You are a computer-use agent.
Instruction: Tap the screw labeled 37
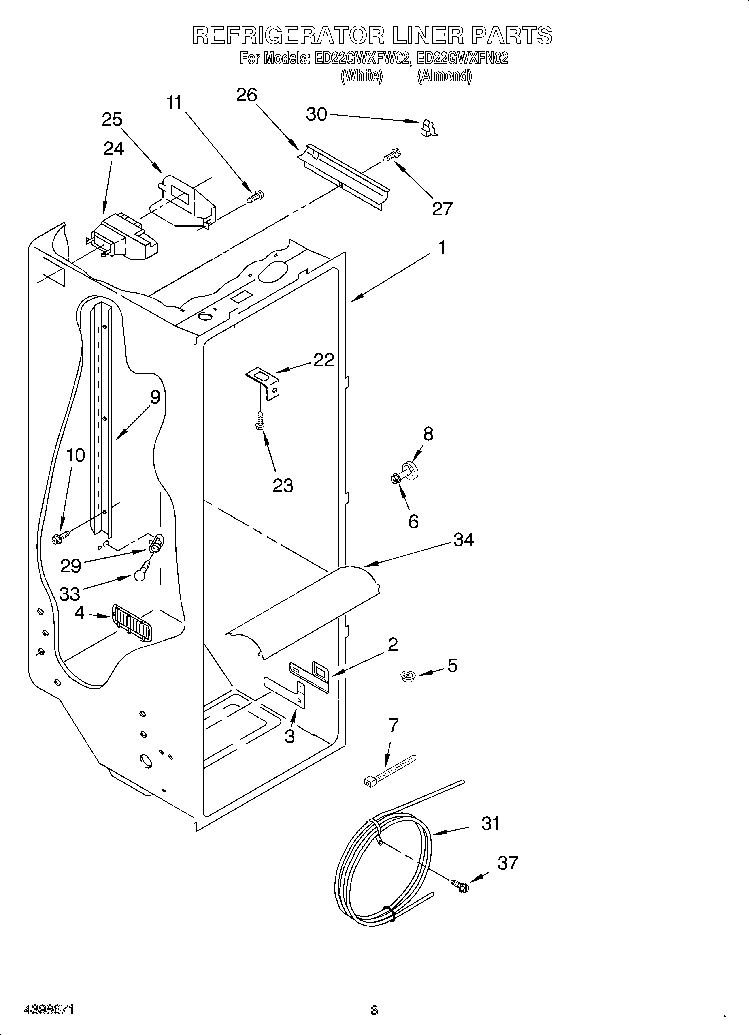(x=460, y=885)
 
